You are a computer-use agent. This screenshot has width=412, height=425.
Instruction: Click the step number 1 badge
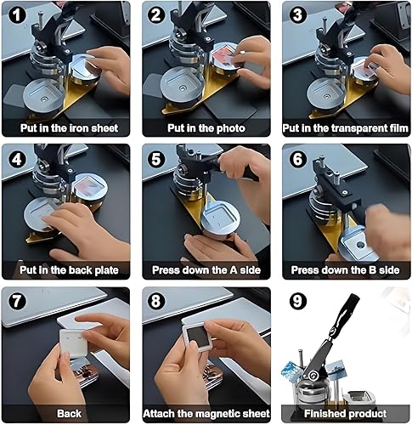(x=17, y=14)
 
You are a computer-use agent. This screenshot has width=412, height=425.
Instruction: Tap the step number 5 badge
(x=156, y=159)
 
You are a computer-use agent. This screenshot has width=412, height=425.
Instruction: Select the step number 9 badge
(x=297, y=301)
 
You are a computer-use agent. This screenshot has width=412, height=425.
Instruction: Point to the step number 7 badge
(x=17, y=301)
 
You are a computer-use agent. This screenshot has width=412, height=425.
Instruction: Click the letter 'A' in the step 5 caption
(x=234, y=270)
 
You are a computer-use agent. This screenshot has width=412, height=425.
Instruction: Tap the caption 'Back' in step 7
(x=70, y=414)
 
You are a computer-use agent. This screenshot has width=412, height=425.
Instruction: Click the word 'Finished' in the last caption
(x=324, y=414)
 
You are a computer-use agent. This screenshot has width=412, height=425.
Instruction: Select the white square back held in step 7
(x=73, y=343)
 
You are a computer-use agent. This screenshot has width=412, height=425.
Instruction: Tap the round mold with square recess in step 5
(x=221, y=219)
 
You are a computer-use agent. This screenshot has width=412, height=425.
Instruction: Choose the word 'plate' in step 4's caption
(x=106, y=270)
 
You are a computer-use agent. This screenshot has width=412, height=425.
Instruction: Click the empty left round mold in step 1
(x=45, y=95)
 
